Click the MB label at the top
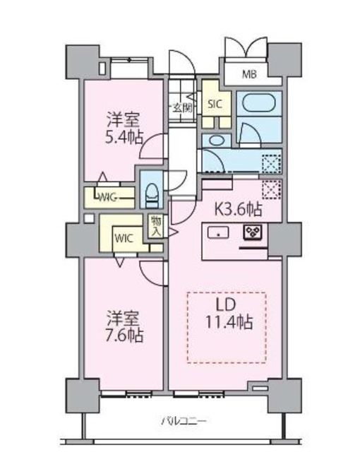tap(249, 73)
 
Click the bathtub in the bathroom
tap(258, 104)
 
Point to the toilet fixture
tap(150, 191)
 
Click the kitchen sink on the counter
tap(218, 232)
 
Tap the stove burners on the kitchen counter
tap(253, 232)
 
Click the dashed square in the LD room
tap(226, 328)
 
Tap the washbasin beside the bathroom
tap(212, 140)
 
